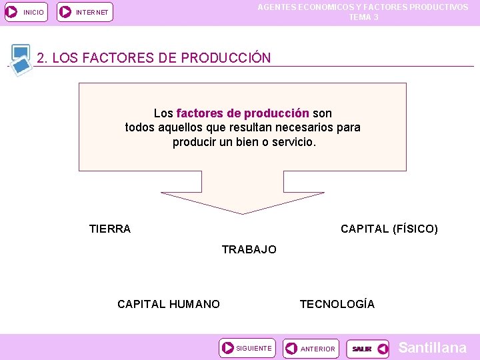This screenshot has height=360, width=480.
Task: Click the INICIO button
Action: coord(26,12)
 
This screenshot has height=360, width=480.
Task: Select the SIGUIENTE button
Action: coord(247,348)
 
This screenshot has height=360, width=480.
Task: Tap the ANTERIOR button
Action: coord(310,349)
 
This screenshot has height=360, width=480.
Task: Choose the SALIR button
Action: coord(367,349)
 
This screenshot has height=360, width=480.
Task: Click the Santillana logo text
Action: coord(432,348)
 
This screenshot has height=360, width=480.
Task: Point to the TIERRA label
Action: coord(110,229)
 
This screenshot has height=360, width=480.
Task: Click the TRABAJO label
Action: coord(249,250)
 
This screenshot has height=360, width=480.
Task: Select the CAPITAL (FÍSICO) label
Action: coord(389,229)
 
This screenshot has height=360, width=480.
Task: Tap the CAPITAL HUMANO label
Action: coord(169,305)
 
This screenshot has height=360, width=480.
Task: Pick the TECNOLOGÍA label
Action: coord(337,305)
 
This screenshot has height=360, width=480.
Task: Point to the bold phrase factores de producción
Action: coord(243,113)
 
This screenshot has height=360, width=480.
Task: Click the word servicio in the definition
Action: coord(294,143)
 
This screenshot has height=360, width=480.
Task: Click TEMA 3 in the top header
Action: coord(363,17)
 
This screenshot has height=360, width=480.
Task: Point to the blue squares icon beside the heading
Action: coord(21,59)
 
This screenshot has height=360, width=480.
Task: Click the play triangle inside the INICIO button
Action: coord(12,12)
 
